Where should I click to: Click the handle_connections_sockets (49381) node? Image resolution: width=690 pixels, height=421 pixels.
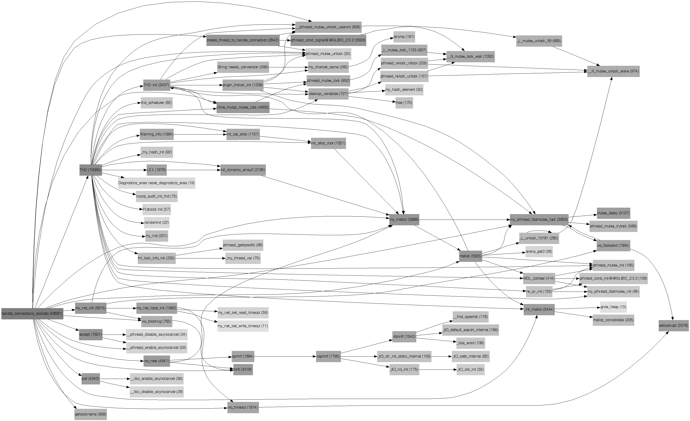pyautogui.click(x=32, y=313)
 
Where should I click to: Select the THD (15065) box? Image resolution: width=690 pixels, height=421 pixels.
pyautogui.click(x=91, y=170)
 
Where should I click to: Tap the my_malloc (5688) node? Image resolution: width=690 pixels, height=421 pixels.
pyautogui.click(x=404, y=219)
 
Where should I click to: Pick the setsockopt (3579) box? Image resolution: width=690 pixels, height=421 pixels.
pyautogui.click(x=673, y=325)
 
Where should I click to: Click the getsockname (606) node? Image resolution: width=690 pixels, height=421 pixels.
pyautogui.click(x=91, y=414)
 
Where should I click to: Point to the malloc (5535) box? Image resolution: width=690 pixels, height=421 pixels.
pyautogui.click(x=470, y=256)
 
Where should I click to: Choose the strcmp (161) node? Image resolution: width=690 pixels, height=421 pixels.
pyautogui.click(x=404, y=37)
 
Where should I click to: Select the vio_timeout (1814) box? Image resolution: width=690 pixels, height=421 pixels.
pyautogui.click(x=243, y=407)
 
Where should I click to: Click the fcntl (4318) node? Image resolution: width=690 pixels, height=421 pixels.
pyautogui.click(x=243, y=369)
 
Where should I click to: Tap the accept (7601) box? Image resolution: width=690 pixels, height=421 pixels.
pyautogui.click(x=91, y=334)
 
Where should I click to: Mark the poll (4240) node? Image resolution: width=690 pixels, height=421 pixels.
pyautogui.click(x=91, y=378)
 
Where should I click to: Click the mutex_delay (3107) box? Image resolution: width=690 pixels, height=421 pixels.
pyautogui.click(x=613, y=213)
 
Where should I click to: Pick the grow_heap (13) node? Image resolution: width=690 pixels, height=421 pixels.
pyautogui.click(x=613, y=307)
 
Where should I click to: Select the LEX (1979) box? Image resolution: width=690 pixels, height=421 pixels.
pyautogui.click(x=156, y=170)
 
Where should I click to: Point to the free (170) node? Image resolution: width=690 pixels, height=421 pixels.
pyautogui.click(x=404, y=103)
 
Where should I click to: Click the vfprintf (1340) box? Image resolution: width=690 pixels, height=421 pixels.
pyautogui.click(x=404, y=336)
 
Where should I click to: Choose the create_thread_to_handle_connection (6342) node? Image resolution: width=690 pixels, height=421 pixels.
pyautogui.click(x=243, y=40)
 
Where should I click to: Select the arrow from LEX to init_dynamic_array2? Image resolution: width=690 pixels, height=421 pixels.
pyautogui.click(x=193, y=170)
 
